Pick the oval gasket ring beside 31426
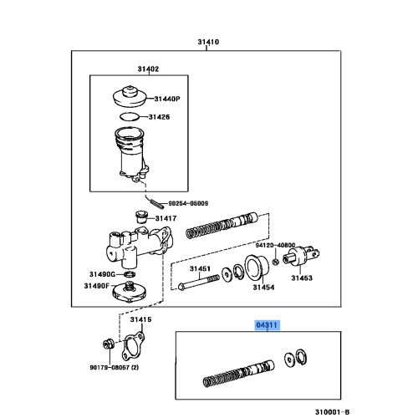(130, 117)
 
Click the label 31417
(166, 219)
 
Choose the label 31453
(302, 278)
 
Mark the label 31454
(265, 287)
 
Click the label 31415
(140, 319)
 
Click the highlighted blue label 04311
(266, 324)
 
